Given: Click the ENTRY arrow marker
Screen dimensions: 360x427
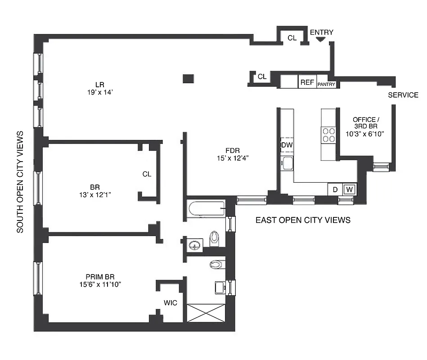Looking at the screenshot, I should tap(320, 40).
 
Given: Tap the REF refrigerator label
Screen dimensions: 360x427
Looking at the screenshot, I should tap(307, 82).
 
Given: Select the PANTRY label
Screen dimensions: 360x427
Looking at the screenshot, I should tap(327, 84).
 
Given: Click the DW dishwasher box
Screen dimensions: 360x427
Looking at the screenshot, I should tap(287, 145).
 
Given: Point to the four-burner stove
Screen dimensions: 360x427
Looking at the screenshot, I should tap(328, 135).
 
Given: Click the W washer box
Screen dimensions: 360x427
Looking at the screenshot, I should tap(350, 189).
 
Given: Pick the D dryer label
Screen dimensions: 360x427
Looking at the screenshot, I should tap(335, 189).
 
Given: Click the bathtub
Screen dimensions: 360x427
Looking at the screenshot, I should tap(207, 208).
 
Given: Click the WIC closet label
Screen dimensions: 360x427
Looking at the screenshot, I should tap(171, 303).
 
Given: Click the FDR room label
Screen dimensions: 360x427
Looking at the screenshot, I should tap(232, 150).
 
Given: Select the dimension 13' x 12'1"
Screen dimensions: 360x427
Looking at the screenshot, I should tap(94, 195).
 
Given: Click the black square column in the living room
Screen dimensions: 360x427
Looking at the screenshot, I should tap(189, 78).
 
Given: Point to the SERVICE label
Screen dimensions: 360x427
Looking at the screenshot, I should tap(403, 95).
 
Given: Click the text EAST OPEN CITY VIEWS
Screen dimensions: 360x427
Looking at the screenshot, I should tap(303, 220).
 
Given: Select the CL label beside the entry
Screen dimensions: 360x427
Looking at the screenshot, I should tap(292, 38).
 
